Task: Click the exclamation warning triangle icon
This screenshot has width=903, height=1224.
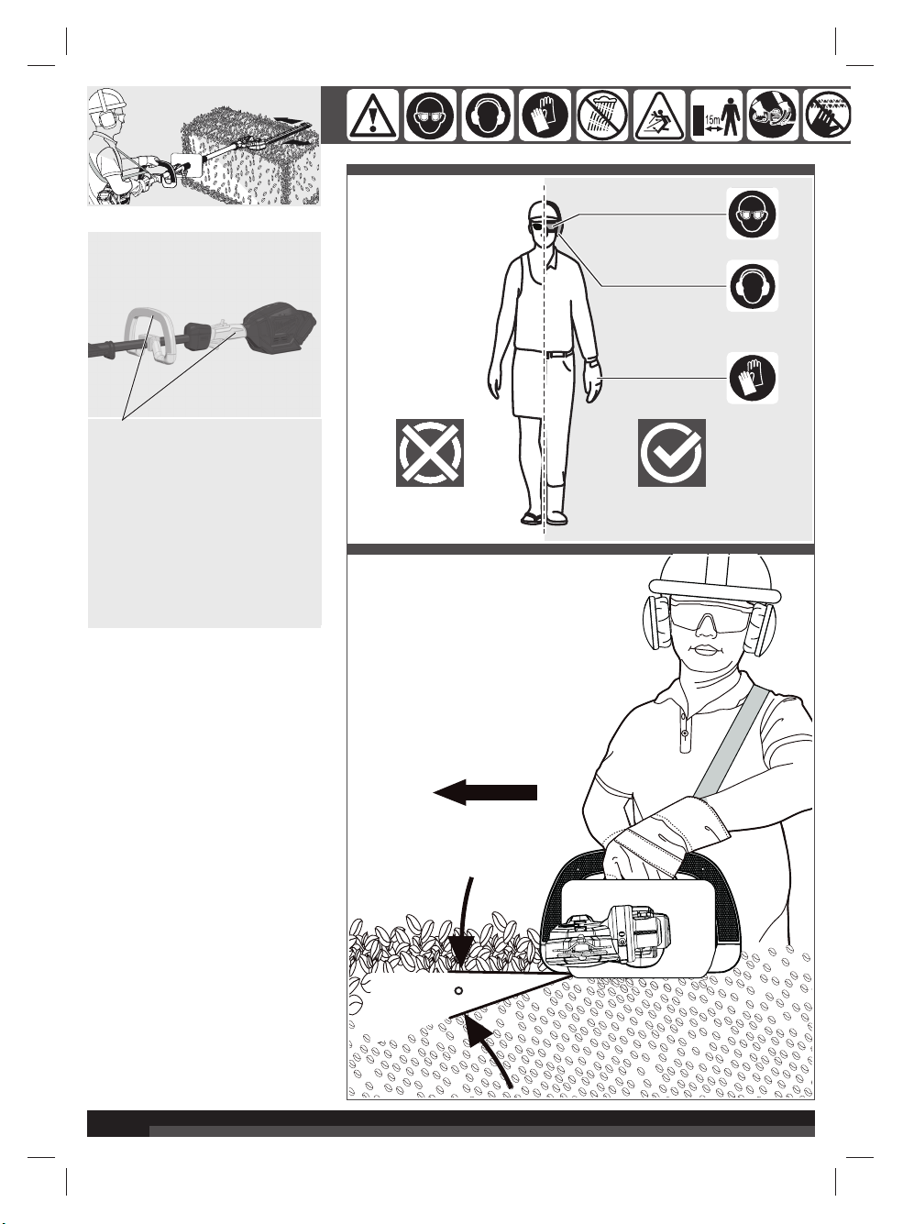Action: (372, 116)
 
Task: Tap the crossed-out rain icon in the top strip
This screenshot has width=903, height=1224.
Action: (602, 116)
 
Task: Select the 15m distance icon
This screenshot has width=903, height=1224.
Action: (716, 116)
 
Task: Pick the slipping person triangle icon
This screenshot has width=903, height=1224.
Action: (659, 116)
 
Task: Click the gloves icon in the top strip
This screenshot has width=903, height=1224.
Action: (545, 116)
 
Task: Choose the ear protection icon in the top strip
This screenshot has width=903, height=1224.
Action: (488, 116)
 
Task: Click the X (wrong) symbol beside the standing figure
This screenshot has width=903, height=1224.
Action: (430, 453)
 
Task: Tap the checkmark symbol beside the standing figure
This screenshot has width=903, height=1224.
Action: (672, 453)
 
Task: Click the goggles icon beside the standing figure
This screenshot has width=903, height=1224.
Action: (752, 214)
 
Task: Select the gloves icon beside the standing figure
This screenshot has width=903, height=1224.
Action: (752, 378)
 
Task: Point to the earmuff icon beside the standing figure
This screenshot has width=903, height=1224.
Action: (752, 286)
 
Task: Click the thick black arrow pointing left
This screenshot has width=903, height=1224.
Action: (485, 792)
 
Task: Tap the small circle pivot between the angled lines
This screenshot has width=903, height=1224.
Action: (458, 991)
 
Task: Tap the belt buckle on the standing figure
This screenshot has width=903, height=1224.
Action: (549, 354)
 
